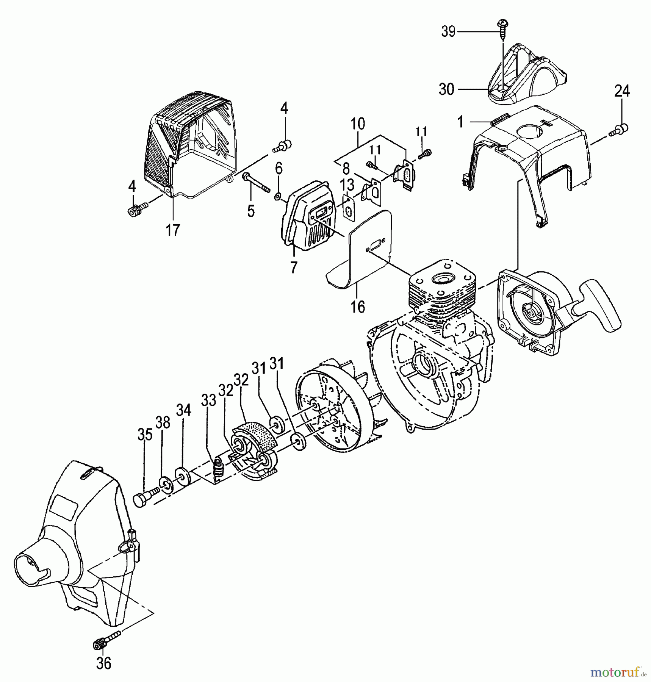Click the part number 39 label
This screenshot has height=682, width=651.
(x=448, y=31)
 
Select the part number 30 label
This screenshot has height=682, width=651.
(x=446, y=89)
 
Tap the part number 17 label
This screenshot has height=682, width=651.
(x=173, y=230)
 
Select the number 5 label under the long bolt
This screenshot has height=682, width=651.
(x=251, y=211)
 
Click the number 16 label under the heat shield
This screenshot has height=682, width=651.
(x=358, y=307)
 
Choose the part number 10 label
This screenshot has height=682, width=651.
(x=357, y=124)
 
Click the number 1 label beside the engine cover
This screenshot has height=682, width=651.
(x=460, y=122)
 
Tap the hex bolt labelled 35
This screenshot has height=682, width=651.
(x=144, y=497)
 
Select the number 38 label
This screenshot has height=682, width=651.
(x=163, y=422)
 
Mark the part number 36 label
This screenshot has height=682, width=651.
(x=103, y=663)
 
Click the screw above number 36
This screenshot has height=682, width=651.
(x=105, y=641)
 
